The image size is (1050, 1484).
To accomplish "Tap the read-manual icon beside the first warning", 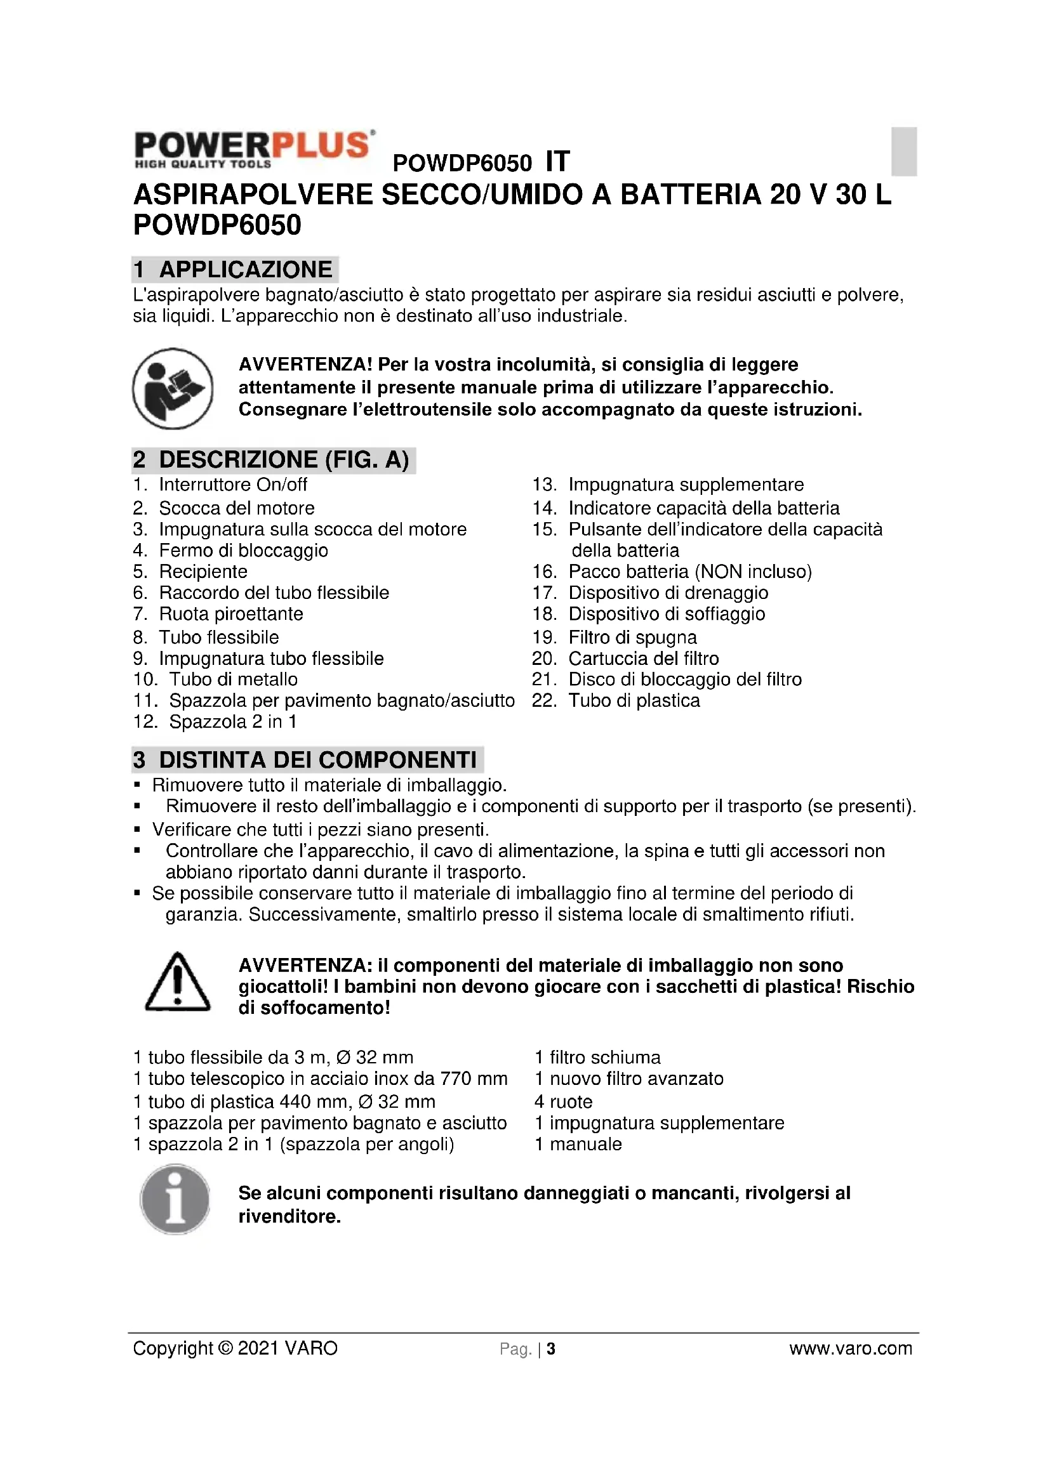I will tap(173, 388).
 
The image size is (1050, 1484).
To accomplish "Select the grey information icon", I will tap(175, 1199).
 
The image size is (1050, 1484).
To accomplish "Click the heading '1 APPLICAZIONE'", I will tap(235, 270).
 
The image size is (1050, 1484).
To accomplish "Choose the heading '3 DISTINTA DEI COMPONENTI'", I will tap(307, 759).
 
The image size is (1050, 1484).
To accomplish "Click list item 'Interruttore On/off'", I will tap(233, 485).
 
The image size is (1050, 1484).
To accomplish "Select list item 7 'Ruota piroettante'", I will tap(231, 614).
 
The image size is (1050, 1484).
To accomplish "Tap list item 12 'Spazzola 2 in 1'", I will tap(233, 722).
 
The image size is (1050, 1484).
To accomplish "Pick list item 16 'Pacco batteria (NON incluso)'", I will tap(689, 572).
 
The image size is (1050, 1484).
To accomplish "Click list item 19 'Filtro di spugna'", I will tap(632, 638).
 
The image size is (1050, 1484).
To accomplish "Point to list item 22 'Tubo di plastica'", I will tap(634, 701).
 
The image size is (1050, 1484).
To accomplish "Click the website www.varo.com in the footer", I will tap(850, 1348).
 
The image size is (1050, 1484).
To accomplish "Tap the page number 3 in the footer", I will tap(551, 1349).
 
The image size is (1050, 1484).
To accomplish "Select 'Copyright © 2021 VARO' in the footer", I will tap(236, 1348).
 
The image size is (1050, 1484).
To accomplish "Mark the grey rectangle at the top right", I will tap(904, 151).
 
